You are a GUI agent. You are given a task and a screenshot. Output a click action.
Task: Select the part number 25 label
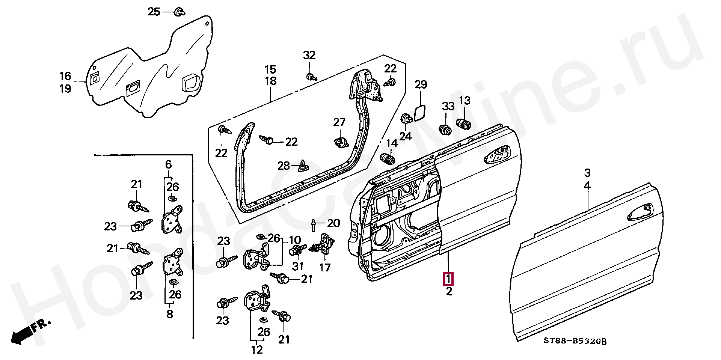point(154,12)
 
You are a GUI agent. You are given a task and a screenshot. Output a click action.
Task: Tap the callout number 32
point(309,56)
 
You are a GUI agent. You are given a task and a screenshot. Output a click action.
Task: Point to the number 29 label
point(421,85)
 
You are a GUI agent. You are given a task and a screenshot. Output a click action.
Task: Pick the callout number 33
point(448,107)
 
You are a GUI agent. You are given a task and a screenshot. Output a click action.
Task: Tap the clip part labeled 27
point(339,142)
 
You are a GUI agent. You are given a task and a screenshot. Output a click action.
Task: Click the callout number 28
point(284,166)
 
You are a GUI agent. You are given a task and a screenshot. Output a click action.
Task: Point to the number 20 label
point(333,223)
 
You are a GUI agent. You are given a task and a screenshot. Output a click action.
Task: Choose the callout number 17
point(325,268)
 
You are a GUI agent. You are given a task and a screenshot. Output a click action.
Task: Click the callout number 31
point(298,266)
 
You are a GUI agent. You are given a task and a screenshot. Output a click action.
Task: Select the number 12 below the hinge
point(257,349)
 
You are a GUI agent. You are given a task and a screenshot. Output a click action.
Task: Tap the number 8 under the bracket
point(170,314)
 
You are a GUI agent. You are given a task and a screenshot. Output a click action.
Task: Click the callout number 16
point(65,76)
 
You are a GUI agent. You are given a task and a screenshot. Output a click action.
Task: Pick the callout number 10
point(295,239)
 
